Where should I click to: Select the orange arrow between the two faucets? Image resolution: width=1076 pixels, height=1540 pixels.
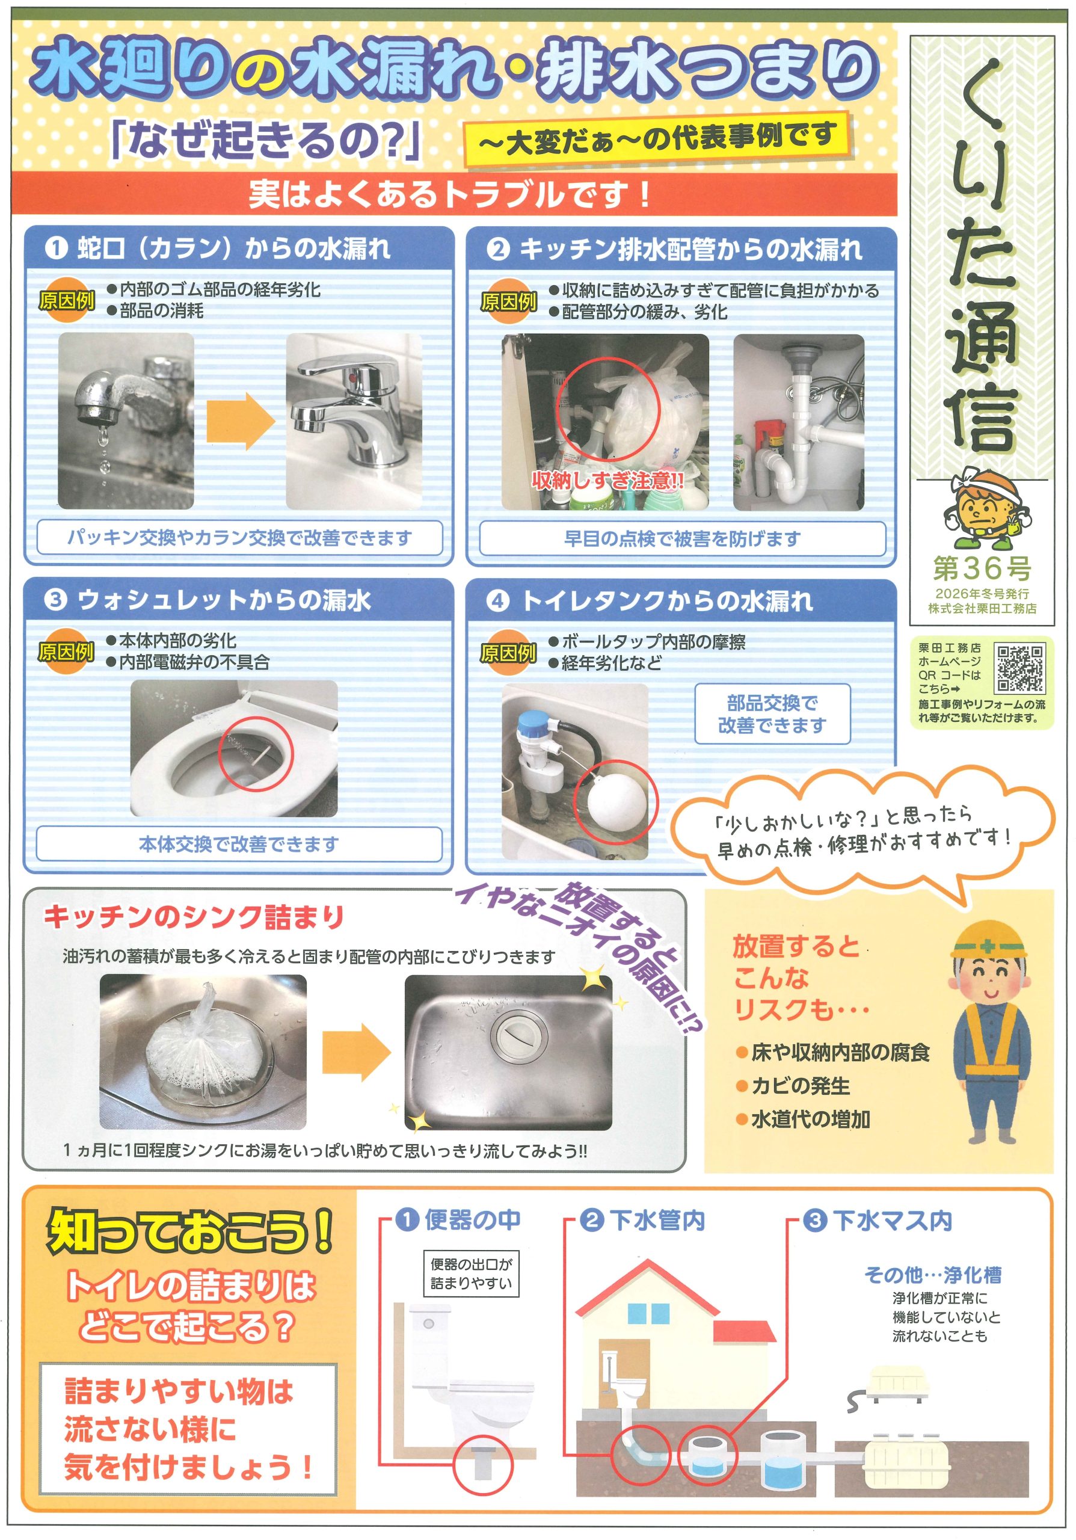[x=240, y=421]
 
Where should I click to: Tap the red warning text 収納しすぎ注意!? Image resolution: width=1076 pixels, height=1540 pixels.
[x=607, y=480]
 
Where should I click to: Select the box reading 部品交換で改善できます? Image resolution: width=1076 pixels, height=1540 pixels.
[x=772, y=713]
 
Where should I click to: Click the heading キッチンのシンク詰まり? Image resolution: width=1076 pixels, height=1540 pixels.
[x=194, y=917]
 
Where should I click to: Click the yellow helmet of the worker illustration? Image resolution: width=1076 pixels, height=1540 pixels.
[x=989, y=941]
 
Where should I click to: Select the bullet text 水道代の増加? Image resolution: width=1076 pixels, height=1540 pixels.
[x=803, y=1119]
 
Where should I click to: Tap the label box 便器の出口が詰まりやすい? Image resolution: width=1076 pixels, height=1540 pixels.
[x=472, y=1273]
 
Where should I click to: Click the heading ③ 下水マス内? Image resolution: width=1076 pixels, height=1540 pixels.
[x=878, y=1220]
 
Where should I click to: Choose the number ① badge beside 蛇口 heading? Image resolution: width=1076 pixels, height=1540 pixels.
[x=57, y=248]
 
